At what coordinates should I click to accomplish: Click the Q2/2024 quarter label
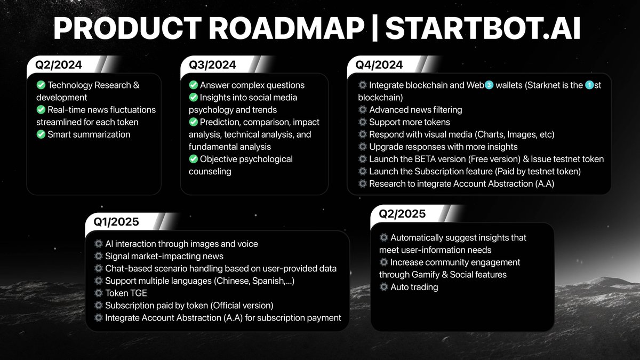click(59, 65)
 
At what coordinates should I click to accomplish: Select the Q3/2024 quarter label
click(212, 65)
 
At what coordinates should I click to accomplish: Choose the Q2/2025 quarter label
click(402, 214)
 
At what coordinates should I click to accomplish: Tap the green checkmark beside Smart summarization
click(41, 134)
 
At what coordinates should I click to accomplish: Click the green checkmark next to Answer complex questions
click(194, 85)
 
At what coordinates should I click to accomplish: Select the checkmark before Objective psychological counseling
click(194, 159)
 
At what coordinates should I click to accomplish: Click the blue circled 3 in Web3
click(489, 85)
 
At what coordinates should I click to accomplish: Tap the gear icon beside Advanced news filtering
click(363, 110)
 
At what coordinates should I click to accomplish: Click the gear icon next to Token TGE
click(98, 293)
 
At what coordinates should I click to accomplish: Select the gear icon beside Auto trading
click(383, 287)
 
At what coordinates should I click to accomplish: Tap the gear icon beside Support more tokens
click(363, 122)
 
